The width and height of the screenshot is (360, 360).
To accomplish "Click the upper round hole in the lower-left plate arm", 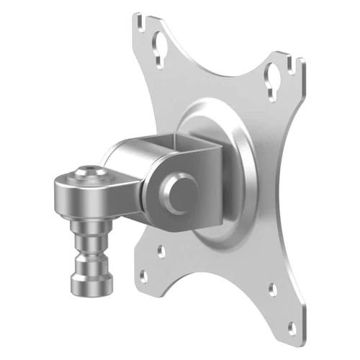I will coord(161,252).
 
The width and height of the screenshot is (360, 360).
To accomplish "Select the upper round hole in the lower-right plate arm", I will coord(273,289).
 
